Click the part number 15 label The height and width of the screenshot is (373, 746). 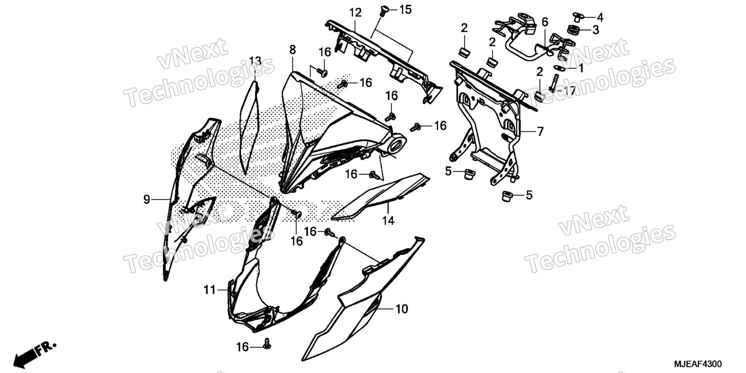pos(405,10)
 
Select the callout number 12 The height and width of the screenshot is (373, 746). pos(355,12)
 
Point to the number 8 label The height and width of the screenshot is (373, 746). pos(293,50)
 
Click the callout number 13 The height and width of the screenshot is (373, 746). pos(255,61)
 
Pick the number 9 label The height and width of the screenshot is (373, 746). pos(146,200)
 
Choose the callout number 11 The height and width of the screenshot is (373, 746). pos(210,290)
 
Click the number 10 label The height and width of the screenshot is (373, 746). pos(402,309)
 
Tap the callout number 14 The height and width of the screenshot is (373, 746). pos(388,221)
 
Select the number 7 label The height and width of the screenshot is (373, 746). pos(540,132)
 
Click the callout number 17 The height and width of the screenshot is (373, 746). pos(570,91)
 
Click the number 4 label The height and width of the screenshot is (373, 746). pos(600,17)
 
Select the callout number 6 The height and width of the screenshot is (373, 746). pos(545,22)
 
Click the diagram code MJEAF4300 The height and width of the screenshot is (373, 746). pos(698,364)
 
